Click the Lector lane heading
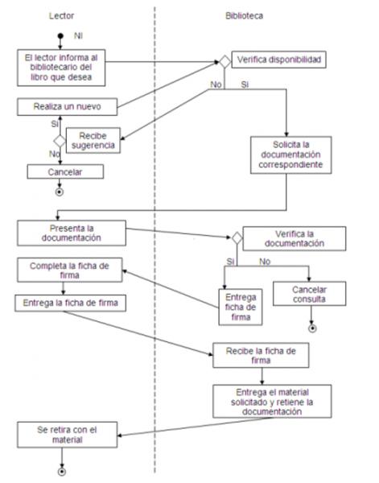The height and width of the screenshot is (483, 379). (62, 16)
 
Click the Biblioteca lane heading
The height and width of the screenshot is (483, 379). (244, 16)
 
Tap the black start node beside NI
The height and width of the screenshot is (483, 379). (60, 36)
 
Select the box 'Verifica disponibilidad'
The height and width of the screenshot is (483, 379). (278, 60)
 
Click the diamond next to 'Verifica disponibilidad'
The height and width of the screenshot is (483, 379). (225, 62)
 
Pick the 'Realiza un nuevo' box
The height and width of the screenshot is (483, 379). (67, 107)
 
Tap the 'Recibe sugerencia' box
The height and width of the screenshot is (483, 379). (93, 140)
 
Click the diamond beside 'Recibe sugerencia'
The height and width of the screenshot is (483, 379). (60, 141)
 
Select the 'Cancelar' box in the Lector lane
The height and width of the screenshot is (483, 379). (65, 171)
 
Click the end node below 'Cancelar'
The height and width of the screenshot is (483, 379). (60, 192)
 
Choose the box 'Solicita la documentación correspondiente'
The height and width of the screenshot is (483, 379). (291, 155)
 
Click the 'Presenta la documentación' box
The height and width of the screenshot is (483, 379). (72, 233)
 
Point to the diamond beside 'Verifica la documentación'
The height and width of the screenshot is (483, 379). (237, 238)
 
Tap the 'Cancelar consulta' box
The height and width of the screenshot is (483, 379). (310, 294)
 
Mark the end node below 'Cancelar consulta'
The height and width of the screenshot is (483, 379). (312, 328)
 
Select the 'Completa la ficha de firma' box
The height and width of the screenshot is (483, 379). (70, 270)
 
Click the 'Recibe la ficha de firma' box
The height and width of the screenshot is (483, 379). (261, 356)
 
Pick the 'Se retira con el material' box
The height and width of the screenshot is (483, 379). (67, 435)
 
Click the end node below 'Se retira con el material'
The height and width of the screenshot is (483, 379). (62, 472)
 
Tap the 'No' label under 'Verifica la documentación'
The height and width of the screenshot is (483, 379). (265, 262)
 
